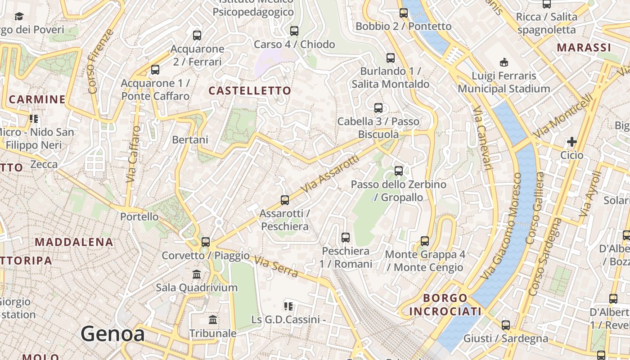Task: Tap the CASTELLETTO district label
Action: pos(250,90)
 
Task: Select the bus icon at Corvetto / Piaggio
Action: pos(206,242)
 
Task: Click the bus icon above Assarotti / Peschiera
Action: pos(284,200)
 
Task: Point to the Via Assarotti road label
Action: pos(330,174)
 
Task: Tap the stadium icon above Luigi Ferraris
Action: pos(504,62)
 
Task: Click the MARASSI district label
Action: pos(584,48)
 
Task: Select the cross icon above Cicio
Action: pos(571,142)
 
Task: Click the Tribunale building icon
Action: pos(213,320)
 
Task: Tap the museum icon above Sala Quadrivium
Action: pos(197,274)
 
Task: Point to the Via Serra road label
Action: pos(276,266)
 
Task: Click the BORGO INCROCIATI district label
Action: pos(445,305)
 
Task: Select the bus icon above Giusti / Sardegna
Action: pos(506,325)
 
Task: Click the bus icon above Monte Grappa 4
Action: pos(425,241)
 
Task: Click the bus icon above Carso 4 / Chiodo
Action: pos(294,31)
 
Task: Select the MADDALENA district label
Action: pos(74,242)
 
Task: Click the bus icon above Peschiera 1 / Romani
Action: pos(346,238)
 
